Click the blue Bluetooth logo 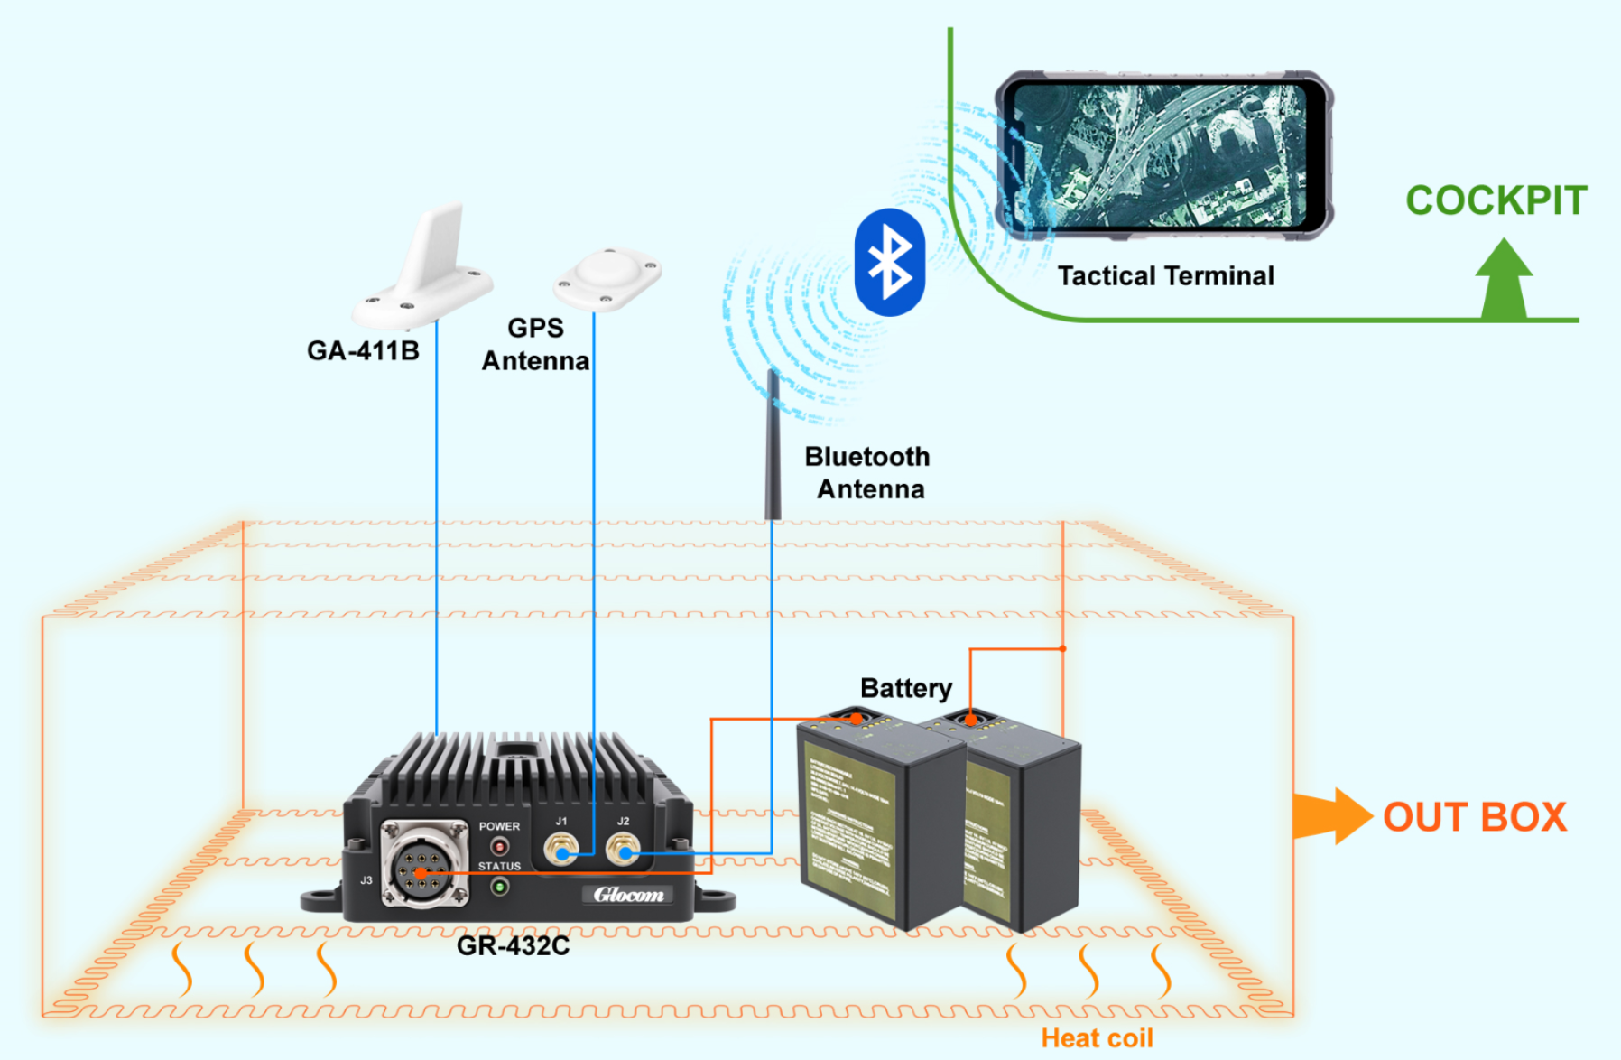890,262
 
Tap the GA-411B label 363,350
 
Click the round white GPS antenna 607,275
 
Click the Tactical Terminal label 1165,275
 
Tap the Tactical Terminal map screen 1160,155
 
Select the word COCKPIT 1496,200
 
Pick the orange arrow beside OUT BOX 1331,815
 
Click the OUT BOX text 1475,817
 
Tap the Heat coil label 1097,1038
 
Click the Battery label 905,688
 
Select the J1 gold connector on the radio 560,849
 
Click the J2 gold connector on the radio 622,849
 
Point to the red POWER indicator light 499,846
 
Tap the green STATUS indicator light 499,887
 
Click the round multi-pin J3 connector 422,865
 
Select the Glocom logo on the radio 628,895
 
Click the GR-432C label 513,945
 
